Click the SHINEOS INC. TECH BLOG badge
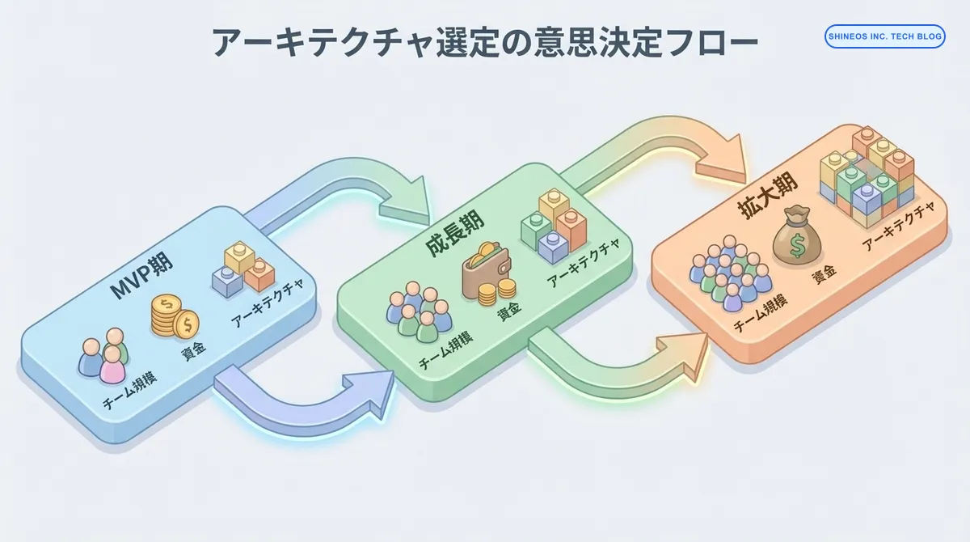point(884,36)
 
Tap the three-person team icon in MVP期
point(103,356)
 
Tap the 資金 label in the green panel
point(508,311)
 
